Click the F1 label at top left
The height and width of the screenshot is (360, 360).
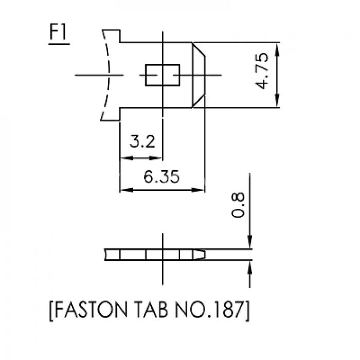coord(58,32)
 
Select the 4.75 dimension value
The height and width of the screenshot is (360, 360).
coord(262,71)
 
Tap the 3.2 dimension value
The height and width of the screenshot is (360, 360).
coord(142,141)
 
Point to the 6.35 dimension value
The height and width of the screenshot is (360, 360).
coord(161,177)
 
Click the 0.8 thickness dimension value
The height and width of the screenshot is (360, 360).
coord(238,205)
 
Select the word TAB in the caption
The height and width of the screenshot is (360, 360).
coord(151,309)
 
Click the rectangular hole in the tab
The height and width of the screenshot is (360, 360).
coord(163,75)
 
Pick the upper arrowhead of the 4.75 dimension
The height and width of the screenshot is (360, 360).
coord(277,49)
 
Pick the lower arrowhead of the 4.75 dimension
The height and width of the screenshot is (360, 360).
coord(277,101)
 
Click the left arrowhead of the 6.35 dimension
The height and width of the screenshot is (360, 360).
coord(127,190)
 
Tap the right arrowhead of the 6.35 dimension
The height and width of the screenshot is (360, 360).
coord(198,190)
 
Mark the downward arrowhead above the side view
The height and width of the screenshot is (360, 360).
coord(250,242)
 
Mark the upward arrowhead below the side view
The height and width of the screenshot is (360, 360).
coord(250,267)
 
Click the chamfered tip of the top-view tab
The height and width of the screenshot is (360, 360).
coord(199,75)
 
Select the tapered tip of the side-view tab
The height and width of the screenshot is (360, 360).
coord(200,255)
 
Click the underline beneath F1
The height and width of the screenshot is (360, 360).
coord(59,44)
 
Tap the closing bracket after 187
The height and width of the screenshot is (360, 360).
coord(247,311)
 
